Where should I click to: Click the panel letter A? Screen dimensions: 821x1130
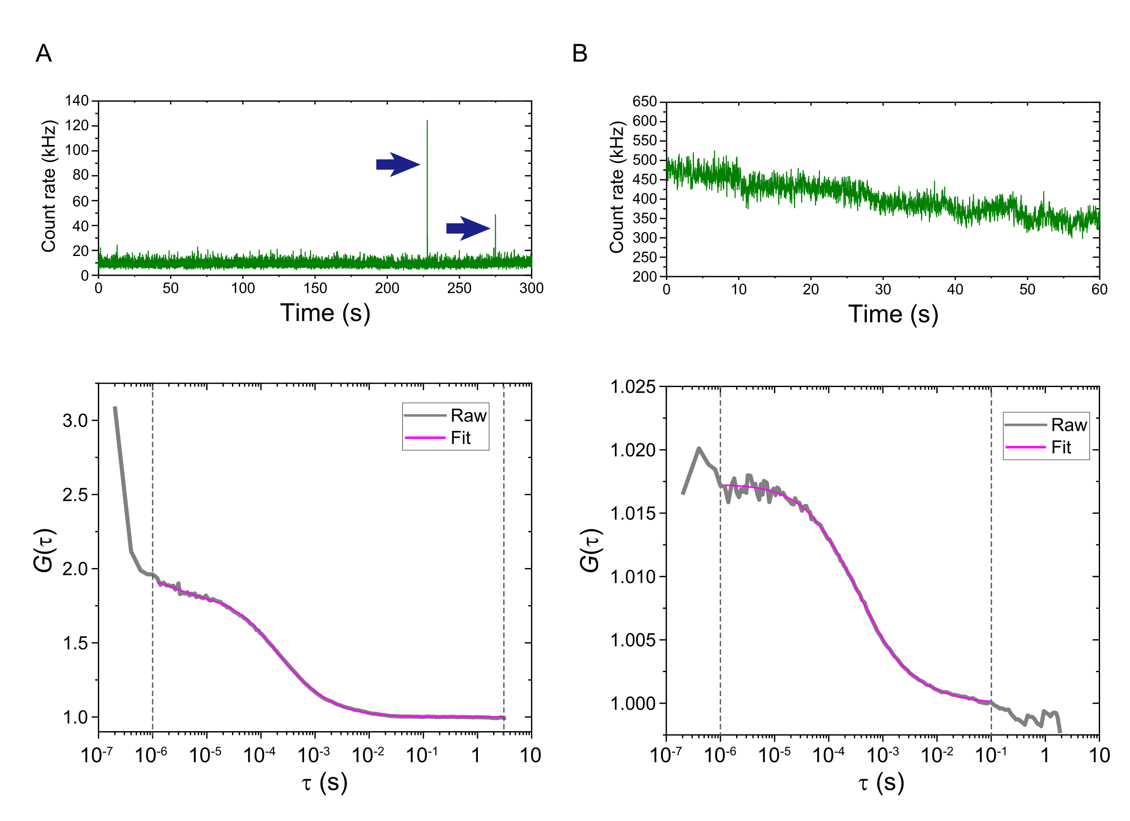[44, 53]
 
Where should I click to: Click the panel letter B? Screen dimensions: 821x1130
[580, 53]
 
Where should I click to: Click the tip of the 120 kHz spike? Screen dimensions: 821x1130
[427, 121]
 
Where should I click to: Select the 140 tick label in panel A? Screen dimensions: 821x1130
[77, 101]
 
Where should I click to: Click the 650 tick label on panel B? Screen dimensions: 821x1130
[644, 102]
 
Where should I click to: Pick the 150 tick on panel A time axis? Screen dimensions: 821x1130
[315, 288]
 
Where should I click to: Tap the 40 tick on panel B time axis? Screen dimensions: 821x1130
[955, 289]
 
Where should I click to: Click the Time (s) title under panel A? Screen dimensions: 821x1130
[325, 313]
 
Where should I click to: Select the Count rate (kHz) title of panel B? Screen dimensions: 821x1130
[617, 187]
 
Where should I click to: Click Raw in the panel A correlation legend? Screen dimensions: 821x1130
[468, 415]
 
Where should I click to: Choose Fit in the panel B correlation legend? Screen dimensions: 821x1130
[1061, 447]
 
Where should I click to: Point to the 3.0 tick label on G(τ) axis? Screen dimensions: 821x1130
[75, 420]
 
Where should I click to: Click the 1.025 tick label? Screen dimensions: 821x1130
[633, 387]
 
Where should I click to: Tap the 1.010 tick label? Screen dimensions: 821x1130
[633, 577]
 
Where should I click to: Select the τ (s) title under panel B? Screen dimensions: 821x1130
[881, 783]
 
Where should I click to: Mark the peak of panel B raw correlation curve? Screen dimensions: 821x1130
[698, 448]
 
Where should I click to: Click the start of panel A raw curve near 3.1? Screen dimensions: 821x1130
[115, 407]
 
